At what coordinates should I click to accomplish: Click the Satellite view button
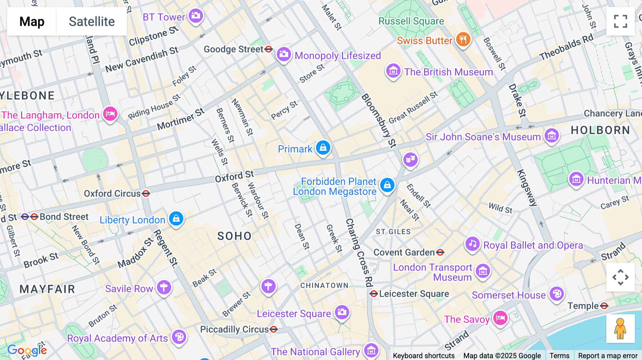pyautogui.click(x=92, y=21)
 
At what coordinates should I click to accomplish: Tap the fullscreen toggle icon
pyautogui.click(x=620, y=21)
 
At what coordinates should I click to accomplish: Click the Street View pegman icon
pyautogui.click(x=620, y=328)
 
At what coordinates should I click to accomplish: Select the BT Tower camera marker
pyautogui.click(x=195, y=16)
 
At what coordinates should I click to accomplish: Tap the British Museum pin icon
pyautogui.click(x=393, y=71)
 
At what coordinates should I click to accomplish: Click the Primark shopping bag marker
pyautogui.click(x=323, y=148)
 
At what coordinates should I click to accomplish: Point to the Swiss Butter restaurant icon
pyautogui.click(x=463, y=40)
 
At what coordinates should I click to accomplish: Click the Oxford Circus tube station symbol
pyautogui.click(x=146, y=194)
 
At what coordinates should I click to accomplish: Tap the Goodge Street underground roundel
pyautogui.click(x=269, y=49)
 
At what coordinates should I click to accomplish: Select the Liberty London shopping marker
pyautogui.click(x=176, y=218)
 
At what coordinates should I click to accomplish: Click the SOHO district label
pyautogui.click(x=234, y=236)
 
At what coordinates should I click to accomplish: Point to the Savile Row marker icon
pyautogui.click(x=164, y=287)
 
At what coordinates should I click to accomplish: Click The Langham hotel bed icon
pyautogui.click(x=110, y=114)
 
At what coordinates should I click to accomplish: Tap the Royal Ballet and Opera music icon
pyautogui.click(x=473, y=244)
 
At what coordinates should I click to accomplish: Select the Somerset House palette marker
pyautogui.click(x=556, y=294)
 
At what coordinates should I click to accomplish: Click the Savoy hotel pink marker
pyautogui.click(x=500, y=318)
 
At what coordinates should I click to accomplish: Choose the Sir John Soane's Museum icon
pyautogui.click(x=552, y=136)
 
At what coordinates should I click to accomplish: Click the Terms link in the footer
pyautogui.click(x=559, y=355)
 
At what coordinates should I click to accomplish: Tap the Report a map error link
pyautogui.click(x=608, y=355)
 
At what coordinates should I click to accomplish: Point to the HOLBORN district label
pyautogui.click(x=600, y=130)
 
